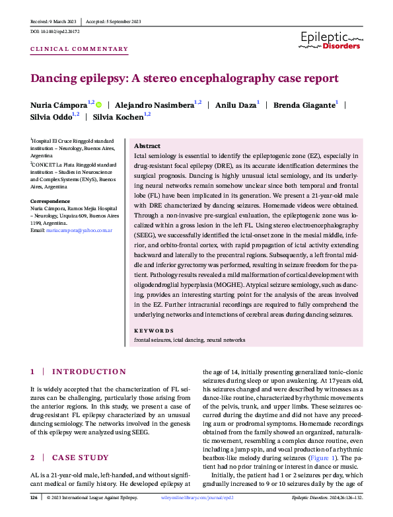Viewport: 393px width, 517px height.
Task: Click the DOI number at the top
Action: click(x=57, y=31)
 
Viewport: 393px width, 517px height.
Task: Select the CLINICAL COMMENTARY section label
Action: click(x=80, y=49)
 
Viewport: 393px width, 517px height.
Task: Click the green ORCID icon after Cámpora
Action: click(x=98, y=104)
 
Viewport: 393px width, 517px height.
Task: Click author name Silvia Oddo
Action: click(x=52, y=117)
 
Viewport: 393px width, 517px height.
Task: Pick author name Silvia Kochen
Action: click(x=118, y=117)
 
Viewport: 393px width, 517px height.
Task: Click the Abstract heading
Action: click(x=147, y=145)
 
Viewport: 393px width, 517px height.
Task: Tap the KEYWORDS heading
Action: click(x=154, y=331)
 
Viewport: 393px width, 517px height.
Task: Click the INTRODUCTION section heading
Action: click(x=89, y=372)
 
